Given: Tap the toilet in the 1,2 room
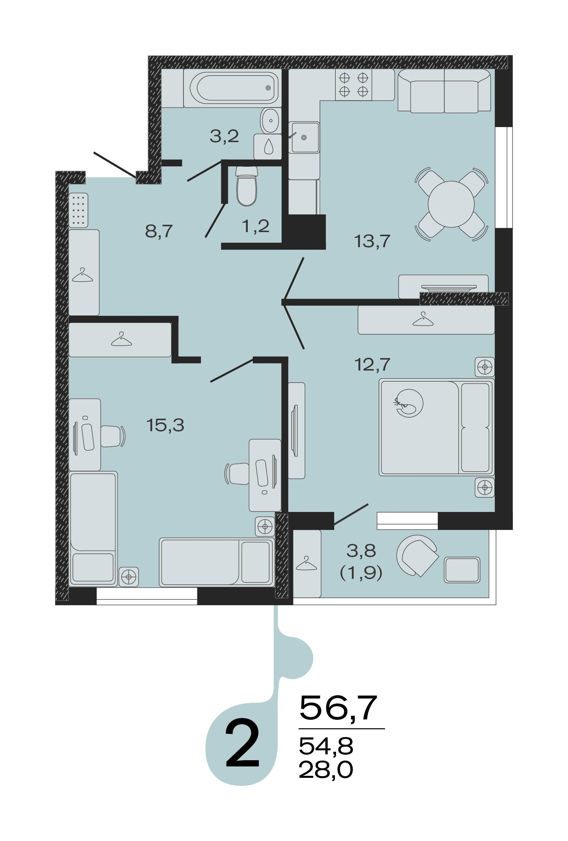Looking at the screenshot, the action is point(246,186).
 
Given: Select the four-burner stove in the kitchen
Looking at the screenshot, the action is point(353,84).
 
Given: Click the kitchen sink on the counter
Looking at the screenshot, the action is point(304,137).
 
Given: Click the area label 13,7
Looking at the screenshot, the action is point(371,241).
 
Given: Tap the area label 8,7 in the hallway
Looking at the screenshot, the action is point(159,232).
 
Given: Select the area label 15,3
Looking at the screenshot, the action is point(165,425).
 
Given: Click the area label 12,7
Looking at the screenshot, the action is point(372,364).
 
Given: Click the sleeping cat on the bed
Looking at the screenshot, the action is point(409,403).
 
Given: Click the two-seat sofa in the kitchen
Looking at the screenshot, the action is point(444,91).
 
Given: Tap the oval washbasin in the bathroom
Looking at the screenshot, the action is point(271,120).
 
